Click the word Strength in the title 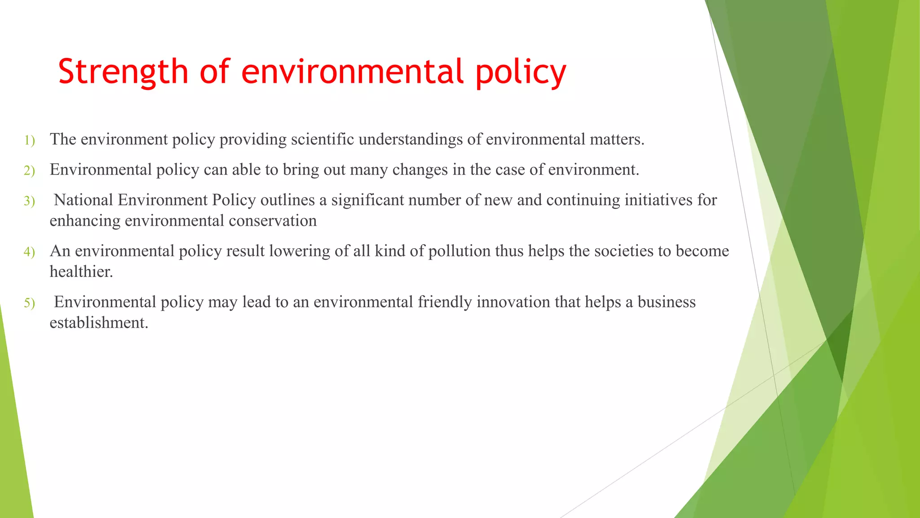pyautogui.click(x=123, y=72)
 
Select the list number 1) pyautogui.click(x=29, y=140)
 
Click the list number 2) pyautogui.click(x=29, y=170)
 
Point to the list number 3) pyautogui.click(x=29, y=201)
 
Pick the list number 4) pyautogui.click(x=29, y=252)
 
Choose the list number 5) pyautogui.click(x=29, y=303)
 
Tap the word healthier pyautogui.click(x=81, y=272)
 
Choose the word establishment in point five pyautogui.click(x=98, y=323)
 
